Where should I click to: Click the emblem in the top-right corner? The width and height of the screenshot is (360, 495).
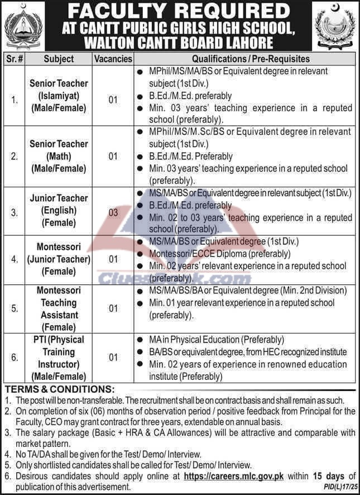336,25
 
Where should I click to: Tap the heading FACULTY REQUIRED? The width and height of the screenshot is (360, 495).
180,11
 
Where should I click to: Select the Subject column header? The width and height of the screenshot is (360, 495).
59,59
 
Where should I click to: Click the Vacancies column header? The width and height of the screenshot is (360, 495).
113,59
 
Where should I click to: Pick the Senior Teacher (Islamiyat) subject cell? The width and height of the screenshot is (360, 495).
59,96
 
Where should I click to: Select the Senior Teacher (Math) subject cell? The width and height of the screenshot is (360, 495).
59,156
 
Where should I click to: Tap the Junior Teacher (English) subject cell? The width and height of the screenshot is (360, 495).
59,211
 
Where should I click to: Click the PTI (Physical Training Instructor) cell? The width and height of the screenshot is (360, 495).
59,358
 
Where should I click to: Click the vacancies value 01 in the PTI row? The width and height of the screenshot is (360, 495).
113,358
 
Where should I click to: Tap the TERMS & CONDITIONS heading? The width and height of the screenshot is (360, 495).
59,389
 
